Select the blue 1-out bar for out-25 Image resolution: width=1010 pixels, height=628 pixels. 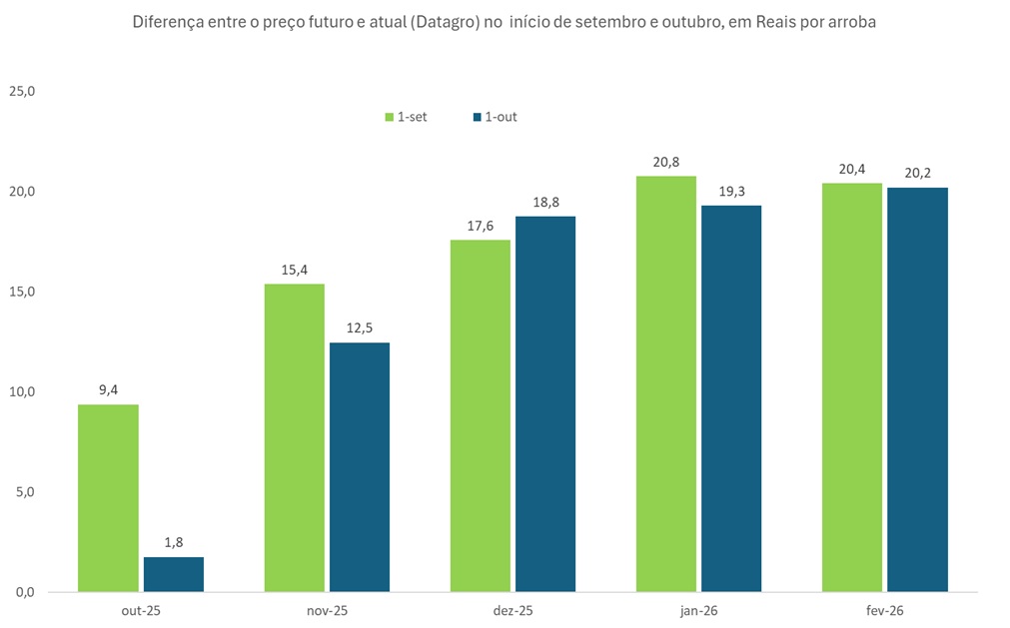[x=174, y=574]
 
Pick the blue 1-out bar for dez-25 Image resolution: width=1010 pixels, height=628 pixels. [x=545, y=403]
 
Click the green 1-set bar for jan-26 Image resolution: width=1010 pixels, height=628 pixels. [x=666, y=383]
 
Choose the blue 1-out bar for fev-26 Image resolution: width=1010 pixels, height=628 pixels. [x=917, y=389]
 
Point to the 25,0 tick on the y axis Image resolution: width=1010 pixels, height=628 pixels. [x=22, y=91]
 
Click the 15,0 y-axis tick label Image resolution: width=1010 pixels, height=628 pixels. [x=22, y=292]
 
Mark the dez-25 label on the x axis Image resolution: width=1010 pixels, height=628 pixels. [x=512, y=609]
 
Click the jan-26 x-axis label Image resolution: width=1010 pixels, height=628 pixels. [x=698, y=609]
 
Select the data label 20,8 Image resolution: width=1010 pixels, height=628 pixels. [x=666, y=162]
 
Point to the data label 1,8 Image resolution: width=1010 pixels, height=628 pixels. [x=174, y=542]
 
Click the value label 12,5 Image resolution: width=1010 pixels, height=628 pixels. [x=360, y=327]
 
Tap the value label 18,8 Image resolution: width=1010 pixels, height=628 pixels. [x=545, y=202]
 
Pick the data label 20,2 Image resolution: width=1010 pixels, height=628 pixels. [x=917, y=173]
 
